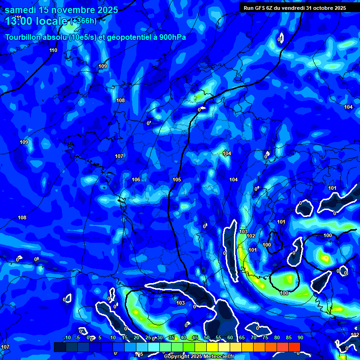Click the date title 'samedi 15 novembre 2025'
pos(61,10)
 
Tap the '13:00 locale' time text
pos(37,21)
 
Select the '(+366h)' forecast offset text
pos(83,21)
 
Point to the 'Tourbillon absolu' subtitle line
pos(98,37)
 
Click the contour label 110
pos(53,50)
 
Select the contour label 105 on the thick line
pos(177,180)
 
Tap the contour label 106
pos(136,180)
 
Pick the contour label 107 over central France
pos(119,156)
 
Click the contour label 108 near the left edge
pos(22,217)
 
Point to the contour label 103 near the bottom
pos(180,303)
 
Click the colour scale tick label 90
pos(300,338)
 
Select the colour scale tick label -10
pos(67,338)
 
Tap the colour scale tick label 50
pos(207,338)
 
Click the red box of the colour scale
pos(294,346)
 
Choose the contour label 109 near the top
pos(103,66)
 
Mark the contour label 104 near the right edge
pos(348,107)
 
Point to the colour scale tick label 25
pos(148,338)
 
